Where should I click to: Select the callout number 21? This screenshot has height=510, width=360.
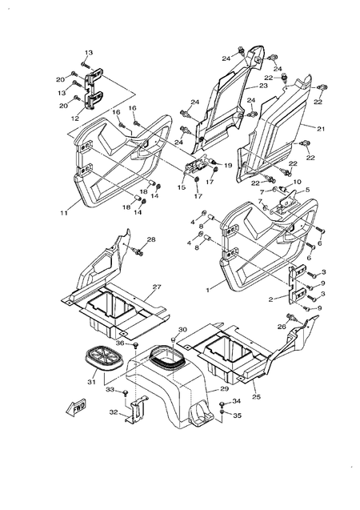pos(321,128)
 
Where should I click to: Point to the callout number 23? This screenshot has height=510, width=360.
pos(262,86)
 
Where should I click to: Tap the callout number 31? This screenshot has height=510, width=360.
pos(91,381)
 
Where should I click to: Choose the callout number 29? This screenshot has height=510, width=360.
pos(214,389)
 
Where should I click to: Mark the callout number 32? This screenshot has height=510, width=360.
pos(114,413)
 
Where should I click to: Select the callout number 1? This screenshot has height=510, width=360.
pos(209,287)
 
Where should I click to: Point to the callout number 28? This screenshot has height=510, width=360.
pos(150,239)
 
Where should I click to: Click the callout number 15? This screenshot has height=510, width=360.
pos(181,187)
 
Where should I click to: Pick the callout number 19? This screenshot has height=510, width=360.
pos(228,165)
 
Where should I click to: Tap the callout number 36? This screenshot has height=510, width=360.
pos(120,343)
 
